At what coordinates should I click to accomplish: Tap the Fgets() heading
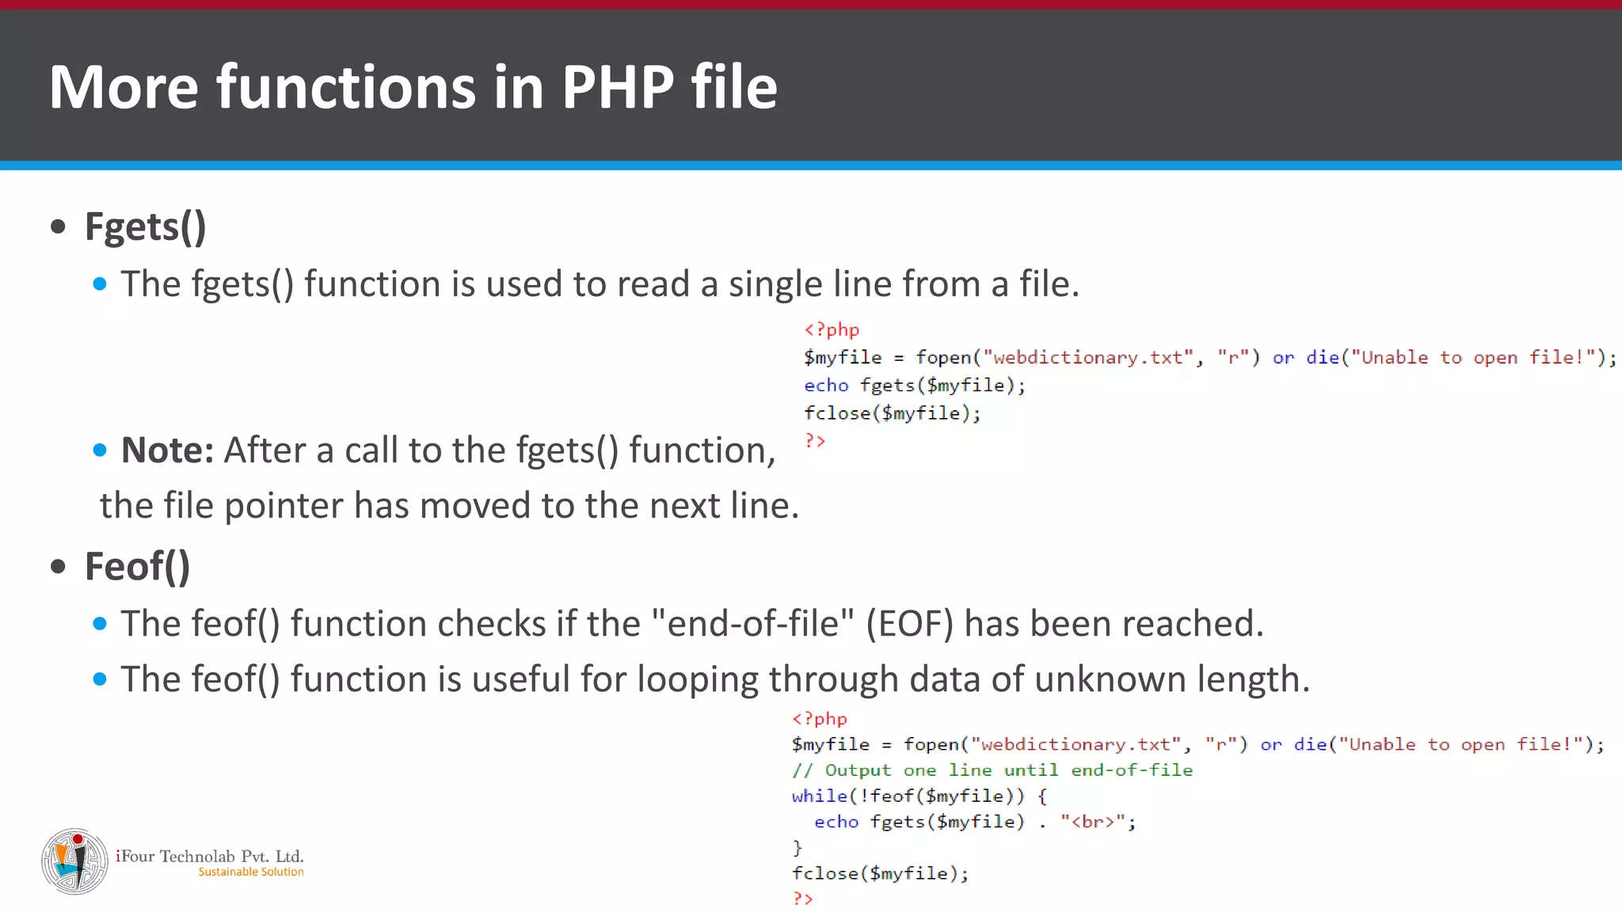pos(145,228)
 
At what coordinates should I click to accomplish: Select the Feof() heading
pos(137,568)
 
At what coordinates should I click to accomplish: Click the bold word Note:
pos(167,450)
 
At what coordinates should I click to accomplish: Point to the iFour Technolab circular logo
pos(74,861)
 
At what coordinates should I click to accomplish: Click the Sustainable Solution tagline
pos(250,872)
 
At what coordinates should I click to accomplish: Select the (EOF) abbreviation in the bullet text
pos(909,625)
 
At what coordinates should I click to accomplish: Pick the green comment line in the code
pos(992,770)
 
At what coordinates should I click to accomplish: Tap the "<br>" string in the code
pos(1093,823)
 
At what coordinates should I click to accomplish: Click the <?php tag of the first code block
pos(831,330)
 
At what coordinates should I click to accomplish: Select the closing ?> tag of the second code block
pos(802,899)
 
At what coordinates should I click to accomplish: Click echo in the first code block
pos(826,386)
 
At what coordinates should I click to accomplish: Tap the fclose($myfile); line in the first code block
pos(892,413)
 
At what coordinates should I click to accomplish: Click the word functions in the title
pos(346,87)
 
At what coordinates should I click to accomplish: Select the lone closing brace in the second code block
pos(797,848)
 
